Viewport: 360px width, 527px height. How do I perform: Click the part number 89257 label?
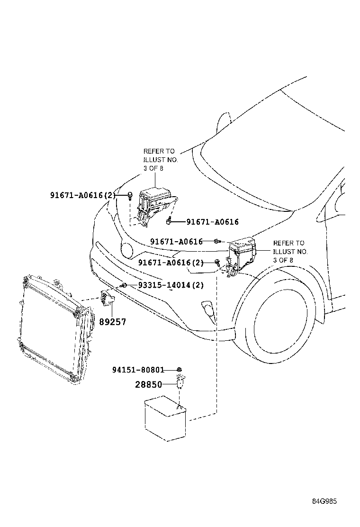click(112, 322)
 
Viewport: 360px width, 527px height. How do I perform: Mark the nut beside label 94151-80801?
click(180, 369)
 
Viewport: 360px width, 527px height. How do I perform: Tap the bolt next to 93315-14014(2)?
click(123, 285)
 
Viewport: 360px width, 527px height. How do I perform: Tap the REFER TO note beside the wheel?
click(290, 251)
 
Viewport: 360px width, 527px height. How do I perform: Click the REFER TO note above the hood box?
click(160, 159)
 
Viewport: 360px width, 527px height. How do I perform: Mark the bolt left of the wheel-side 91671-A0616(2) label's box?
click(217, 262)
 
